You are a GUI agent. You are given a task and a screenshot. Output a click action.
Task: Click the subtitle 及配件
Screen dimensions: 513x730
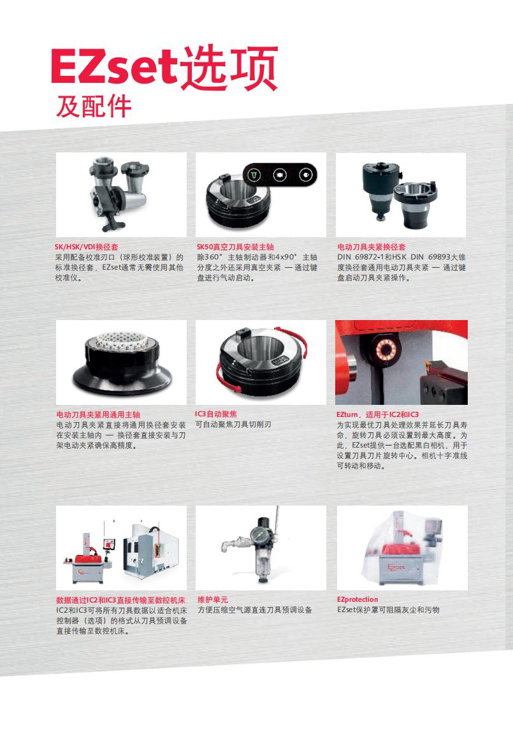tap(94, 106)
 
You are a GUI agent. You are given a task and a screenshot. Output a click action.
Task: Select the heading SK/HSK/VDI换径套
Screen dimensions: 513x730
tap(87, 247)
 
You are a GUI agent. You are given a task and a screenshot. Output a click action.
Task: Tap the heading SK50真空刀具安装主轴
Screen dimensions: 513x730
tap(235, 247)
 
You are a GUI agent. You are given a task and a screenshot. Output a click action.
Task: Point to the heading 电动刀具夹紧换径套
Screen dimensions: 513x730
tap(372, 247)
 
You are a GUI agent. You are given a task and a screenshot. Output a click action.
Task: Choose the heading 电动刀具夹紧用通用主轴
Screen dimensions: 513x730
tap(98, 414)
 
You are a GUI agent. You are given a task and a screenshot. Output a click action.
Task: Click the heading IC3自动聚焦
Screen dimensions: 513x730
tap(216, 414)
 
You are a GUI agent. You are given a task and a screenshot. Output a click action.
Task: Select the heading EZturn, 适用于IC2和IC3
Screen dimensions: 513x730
tap(377, 414)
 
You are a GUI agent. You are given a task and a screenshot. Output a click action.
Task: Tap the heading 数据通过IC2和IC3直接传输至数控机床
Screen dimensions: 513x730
tap(120, 600)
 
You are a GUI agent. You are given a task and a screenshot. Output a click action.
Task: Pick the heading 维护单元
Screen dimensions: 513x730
tap(213, 600)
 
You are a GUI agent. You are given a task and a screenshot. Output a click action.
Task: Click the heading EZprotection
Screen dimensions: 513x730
tap(358, 600)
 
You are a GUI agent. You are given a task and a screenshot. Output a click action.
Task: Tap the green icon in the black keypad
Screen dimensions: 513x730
tap(254, 175)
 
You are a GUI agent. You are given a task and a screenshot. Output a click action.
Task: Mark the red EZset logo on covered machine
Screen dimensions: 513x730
tap(396, 567)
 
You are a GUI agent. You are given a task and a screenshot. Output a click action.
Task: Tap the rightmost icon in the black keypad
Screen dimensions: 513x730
tap(305, 175)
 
